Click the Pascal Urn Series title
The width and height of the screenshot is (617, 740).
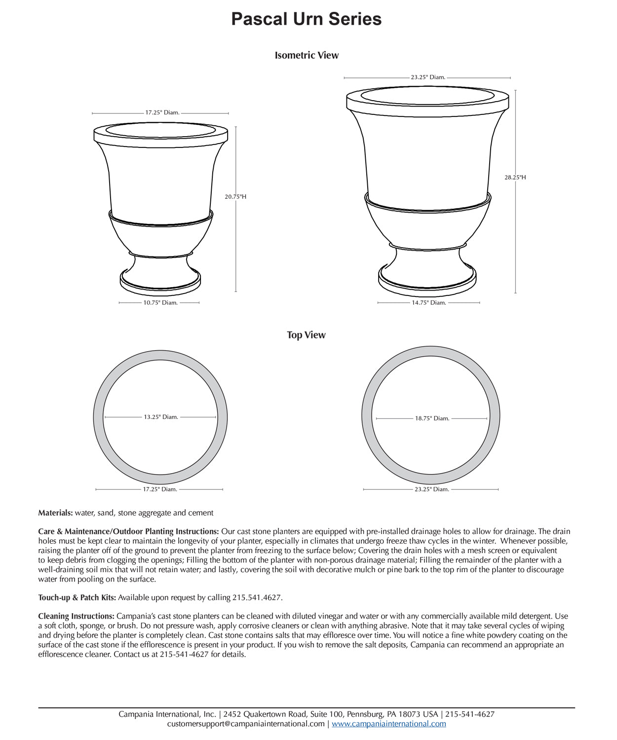pyautogui.click(x=307, y=19)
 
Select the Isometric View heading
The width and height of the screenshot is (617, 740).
pyautogui.click(x=307, y=55)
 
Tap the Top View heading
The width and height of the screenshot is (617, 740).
pyautogui.click(x=306, y=335)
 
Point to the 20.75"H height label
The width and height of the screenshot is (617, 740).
pyautogui.click(x=235, y=197)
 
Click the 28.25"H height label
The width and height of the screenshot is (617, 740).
pyautogui.click(x=515, y=177)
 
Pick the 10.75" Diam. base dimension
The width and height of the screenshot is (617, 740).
pyautogui.click(x=160, y=303)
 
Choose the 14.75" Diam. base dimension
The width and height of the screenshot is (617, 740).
pyautogui.click(x=428, y=303)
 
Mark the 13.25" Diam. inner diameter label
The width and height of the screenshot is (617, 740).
pyautogui.click(x=161, y=417)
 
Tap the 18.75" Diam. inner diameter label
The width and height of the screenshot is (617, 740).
pyautogui.click(x=432, y=418)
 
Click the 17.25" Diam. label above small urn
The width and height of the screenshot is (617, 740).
pyautogui.click(x=162, y=112)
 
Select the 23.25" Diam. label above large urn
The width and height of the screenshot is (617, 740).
pyautogui.click(x=428, y=77)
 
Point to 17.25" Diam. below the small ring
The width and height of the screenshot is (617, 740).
pyautogui.click(x=160, y=489)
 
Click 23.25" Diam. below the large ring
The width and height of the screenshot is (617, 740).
pyautogui.click(x=431, y=489)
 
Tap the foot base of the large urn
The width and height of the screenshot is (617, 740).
pyautogui.click(x=428, y=281)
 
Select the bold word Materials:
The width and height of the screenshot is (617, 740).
pyautogui.click(x=55, y=513)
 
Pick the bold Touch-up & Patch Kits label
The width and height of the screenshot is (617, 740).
pyautogui.click(x=77, y=597)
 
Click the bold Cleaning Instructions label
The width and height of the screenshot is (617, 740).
pyautogui.click(x=76, y=616)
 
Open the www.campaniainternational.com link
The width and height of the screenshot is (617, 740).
pyautogui.click(x=388, y=724)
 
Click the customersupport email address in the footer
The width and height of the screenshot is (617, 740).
pyautogui.click(x=246, y=724)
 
